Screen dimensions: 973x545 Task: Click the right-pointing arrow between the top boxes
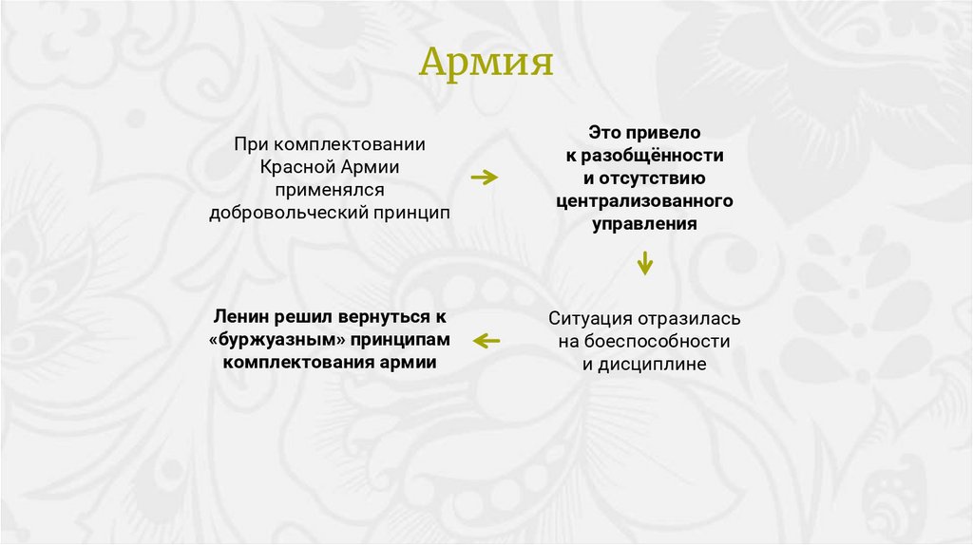[x=485, y=177]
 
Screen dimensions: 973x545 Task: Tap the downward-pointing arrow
[x=645, y=262]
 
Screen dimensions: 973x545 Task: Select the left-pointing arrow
[x=486, y=340]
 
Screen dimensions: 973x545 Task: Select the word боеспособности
[x=657, y=341]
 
